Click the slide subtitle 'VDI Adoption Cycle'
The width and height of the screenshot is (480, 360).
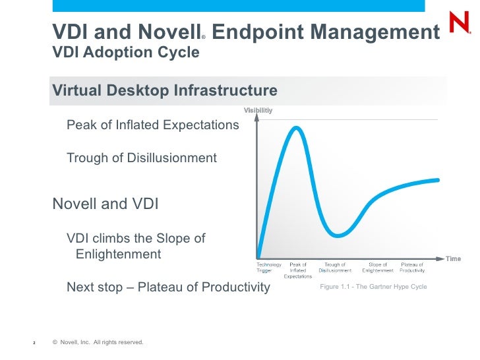pyautogui.click(x=125, y=52)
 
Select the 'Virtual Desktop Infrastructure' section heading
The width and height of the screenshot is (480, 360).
pyautogui.click(x=165, y=90)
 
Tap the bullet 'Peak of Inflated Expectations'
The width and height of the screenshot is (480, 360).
pyautogui.click(x=152, y=125)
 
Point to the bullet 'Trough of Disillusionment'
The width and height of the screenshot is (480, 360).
pyautogui.click(x=142, y=158)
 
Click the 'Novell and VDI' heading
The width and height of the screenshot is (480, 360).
pyautogui.click(x=105, y=204)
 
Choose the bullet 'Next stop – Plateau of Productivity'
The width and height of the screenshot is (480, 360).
pyautogui.click(x=168, y=287)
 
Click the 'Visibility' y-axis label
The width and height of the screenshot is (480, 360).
pyautogui.click(x=258, y=109)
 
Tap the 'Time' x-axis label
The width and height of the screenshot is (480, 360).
pyautogui.click(x=453, y=258)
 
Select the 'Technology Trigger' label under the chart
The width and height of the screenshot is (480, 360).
pyautogui.click(x=268, y=268)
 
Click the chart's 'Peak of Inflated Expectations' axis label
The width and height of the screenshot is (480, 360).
pyautogui.click(x=298, y=270)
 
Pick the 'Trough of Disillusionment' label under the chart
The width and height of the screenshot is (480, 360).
pyautogui.click(x=335, y=268)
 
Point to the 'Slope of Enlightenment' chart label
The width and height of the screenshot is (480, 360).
pyautogui.click(x=378, y=268)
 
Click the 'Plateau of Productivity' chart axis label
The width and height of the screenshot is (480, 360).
pyautogui.click(x=412, y=268)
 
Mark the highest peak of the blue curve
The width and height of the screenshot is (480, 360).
pyautogui.click(x=296, y=127)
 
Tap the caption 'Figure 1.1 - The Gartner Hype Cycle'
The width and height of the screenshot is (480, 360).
pyautogui.click(x=373, y=287)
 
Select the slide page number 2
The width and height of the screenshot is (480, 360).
pyautogui.click(x=34, y=343)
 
